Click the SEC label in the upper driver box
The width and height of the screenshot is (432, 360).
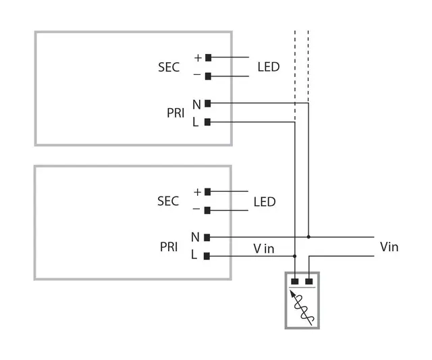tap(169, 67)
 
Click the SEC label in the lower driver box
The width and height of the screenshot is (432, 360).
tap(168, 201)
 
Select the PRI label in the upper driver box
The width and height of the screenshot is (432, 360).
tap(175, 113)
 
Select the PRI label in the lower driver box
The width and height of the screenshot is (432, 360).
tap(169, 247)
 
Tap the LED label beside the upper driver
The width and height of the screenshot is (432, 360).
tap(269, 67)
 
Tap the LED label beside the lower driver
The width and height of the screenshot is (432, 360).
tap(265, 202)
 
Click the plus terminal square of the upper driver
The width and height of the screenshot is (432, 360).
tap(208, 57)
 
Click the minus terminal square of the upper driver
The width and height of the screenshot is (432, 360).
tap(208, 76)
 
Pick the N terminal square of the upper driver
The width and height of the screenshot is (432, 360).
tap(208, 103)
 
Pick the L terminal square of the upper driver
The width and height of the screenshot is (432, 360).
tap(208, 122)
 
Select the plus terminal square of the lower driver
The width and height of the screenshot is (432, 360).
tap(208, 192)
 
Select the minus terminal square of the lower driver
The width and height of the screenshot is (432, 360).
tap(208, 210)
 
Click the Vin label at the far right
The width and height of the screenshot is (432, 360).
tap(389, 247)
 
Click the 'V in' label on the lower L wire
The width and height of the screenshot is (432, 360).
tap(264, 249)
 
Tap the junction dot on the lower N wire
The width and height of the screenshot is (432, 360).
tap(308, 237)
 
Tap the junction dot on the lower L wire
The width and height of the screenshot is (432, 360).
tap(295, 256)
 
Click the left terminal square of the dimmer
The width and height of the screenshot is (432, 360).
tap(295, 281)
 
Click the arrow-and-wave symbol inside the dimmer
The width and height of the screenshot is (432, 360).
tap(302, 307)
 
